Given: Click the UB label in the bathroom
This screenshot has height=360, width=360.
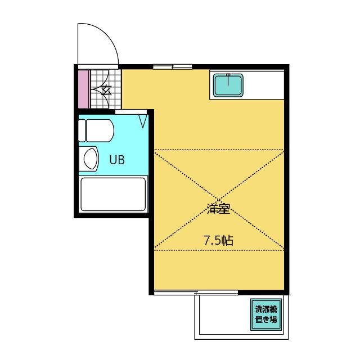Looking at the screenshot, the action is (x=117, y=160).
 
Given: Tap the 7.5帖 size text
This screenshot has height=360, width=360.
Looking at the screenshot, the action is (x=218, y=241).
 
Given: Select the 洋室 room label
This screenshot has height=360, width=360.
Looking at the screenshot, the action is (x=218, y=209).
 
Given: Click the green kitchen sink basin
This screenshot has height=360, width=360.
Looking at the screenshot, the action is (x=228, y=85).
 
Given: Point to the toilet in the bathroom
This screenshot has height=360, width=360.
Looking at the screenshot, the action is (x=96, y=130).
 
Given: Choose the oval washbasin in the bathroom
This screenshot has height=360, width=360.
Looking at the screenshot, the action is (x=91, y=159).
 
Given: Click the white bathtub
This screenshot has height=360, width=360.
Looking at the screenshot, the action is (x=113, y=194).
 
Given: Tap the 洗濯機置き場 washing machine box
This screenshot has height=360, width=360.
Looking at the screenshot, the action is (x=266, y=314).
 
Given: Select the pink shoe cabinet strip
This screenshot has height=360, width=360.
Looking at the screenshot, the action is (x=84, y=89).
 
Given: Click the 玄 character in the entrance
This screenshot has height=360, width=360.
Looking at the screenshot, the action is (x=106, y=90).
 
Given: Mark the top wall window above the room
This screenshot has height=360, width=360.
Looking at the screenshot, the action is (x=173, y=67).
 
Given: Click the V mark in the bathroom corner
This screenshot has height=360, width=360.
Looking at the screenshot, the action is (x=143, y=121).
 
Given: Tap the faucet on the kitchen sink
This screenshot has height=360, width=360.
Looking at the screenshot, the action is (x=228, y=79).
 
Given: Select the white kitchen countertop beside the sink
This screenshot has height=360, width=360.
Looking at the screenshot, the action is (x=264, y=85).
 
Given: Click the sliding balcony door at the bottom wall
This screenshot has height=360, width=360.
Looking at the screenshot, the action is (x=196, y=292).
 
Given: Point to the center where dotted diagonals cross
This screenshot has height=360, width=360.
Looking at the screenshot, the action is (x=219, y=200).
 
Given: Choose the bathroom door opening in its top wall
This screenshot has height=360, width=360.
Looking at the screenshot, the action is (x=131, y=112).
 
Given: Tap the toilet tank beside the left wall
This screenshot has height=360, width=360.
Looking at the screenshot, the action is (x=82, y=130).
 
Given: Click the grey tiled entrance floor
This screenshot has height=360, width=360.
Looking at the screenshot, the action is (x=106, y=89).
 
